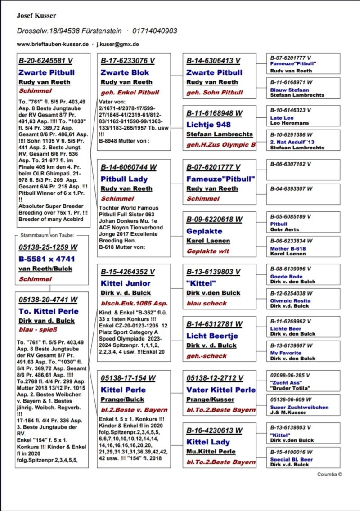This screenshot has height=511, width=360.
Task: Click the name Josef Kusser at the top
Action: pyautogui.click(x=36, y=16)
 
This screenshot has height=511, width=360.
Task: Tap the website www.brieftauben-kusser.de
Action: pyautogui.click(x=52, y=44)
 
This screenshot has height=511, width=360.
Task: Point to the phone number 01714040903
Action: pyautogui.click(x=154, y=31)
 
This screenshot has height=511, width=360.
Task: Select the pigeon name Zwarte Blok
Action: pyautogui.click(x=125, y=72)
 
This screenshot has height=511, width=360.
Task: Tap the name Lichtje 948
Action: pyautogui.click(x=208, y=125)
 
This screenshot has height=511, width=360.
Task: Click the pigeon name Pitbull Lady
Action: pyautogui.click(x=124, y=179)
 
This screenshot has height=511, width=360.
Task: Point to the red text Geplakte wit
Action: pyautogui.click(x=208, y=251)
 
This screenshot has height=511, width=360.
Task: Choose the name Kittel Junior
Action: pyautogui.click(x=126, y=283)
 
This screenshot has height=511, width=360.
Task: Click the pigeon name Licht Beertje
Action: pyautogui.click(x=212, y=336)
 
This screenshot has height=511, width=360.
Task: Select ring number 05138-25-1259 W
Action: pyautogui.click(x=48, y=247)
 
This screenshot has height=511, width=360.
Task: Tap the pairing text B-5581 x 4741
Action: pyautogui.click(x=47, y=259)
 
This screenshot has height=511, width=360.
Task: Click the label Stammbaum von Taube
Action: pyautogui.click(x=48, y=235)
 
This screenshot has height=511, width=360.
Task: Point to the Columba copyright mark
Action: pyautogui.click(x=329, y=474)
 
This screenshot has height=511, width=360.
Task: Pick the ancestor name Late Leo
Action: pyautogui.click(x=282, y=118)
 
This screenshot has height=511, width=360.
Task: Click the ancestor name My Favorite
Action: pyautogui.click(x=286, y=353)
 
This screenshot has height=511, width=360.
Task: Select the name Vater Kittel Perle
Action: pyautogui.click(x=221, y=390)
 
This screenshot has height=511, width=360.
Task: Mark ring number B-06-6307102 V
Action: pyautogui.click(x=291, y=164)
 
